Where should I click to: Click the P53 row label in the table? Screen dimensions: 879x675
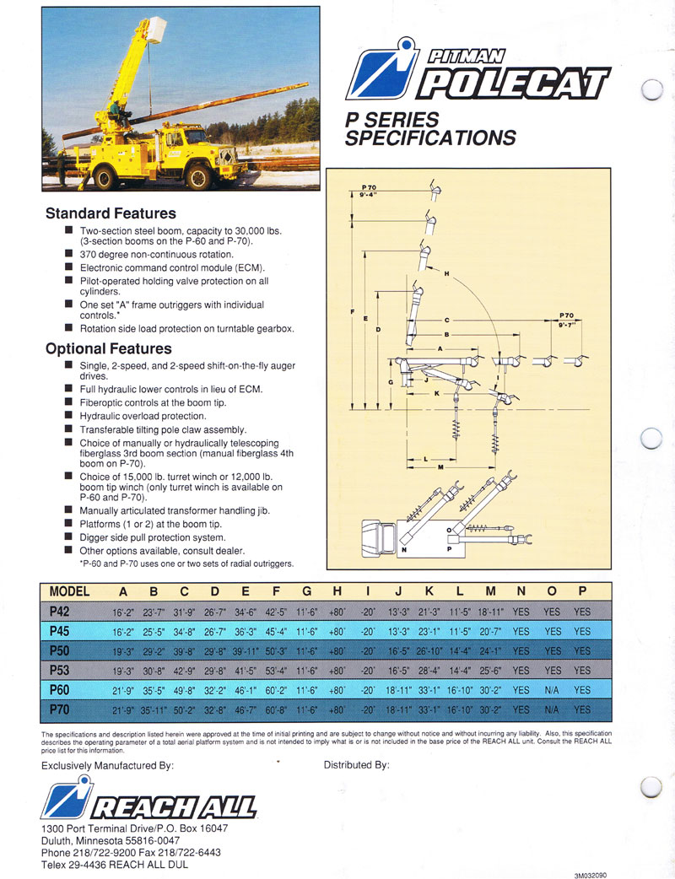(x=58, y=671)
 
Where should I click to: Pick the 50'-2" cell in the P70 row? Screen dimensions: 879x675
(x=183, y=709)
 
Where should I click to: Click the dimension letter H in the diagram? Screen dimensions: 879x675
(x=445, y=273)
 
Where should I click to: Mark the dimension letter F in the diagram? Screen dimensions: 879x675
(x=351, y=313)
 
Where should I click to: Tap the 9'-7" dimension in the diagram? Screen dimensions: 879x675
(x=565, y=324)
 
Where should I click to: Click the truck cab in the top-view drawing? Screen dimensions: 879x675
(x=377, y=536)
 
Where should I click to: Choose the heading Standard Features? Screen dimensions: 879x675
(x=111, y=213)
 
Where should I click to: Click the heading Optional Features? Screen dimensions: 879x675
(x=108, y=348)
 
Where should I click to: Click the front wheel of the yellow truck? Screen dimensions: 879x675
(x=198, y=175)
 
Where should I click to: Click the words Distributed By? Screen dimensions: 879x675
(x=357, y=765)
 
